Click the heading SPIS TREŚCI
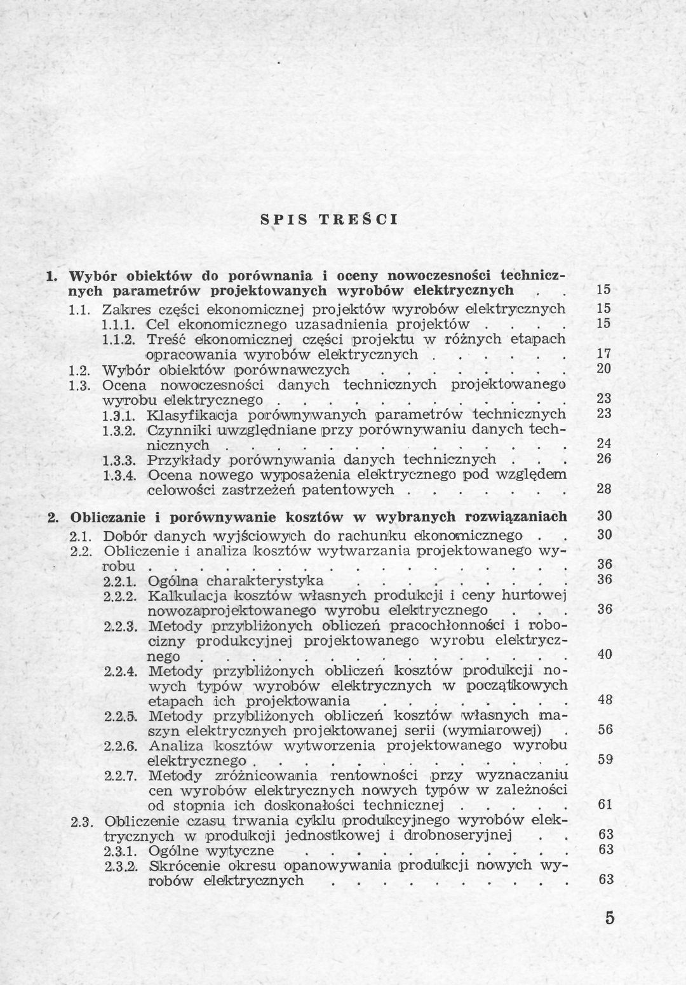(330, 221)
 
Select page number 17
(604, 353)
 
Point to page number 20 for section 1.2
(604, 369)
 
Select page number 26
(604, 459)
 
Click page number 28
(604, 490)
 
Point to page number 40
(604, 655)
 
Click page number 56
(604, 730)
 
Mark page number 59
(604, 759)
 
